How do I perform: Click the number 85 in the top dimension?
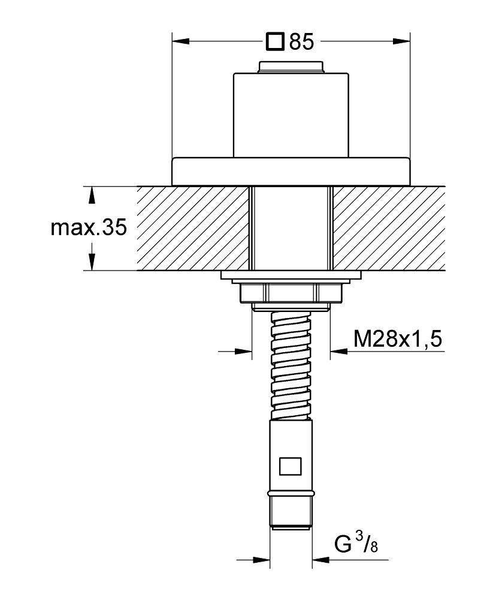click(x=301, y=41)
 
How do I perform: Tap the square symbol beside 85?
click(x=276, y=41)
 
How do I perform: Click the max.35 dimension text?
click(x=88, y=228)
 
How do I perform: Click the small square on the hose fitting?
click(x=291, y=466)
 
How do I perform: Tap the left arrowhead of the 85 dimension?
click(x=181, y=41)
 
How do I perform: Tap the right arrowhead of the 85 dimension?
click(x=401, y=41)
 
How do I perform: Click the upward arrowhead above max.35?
click(x=91, y=195)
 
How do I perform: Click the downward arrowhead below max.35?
click(x=92, y=262)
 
